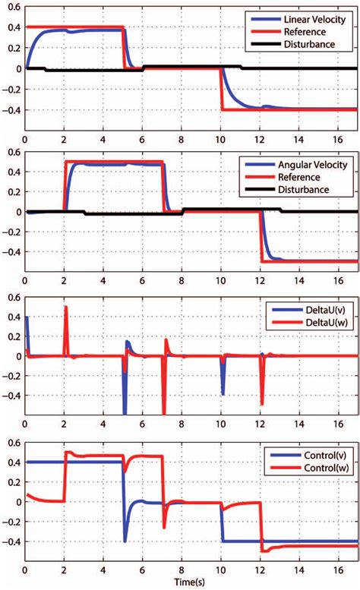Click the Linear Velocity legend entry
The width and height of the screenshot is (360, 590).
tap(311, 17)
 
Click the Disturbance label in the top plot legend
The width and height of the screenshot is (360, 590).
tap(309, 44)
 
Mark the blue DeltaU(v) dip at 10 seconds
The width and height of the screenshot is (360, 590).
tap(223, 394)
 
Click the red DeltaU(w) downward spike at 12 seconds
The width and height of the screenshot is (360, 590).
tap(261, 404)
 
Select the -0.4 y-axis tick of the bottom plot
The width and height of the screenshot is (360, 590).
tap(9, 541)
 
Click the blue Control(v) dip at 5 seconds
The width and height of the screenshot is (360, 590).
tap(125, 540)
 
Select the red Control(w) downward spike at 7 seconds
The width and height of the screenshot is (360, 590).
tap(163, 527)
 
